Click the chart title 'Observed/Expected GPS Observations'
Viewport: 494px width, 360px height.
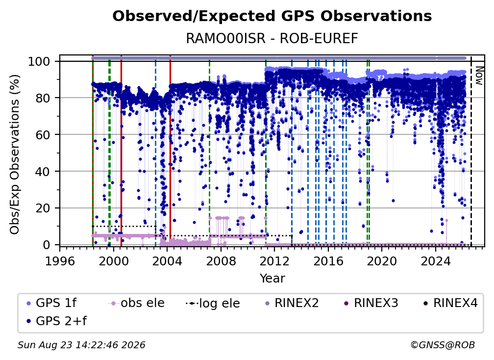[x=272, y=16]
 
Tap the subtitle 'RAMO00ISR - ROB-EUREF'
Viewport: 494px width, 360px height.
[x=272, y=38]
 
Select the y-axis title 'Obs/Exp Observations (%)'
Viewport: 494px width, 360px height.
[x=15, y=154]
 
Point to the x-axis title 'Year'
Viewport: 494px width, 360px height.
[x=272, y=279]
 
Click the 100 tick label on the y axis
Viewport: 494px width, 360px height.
[x=39, y=61]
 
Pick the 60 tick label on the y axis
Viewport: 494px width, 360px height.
[x=43, y=134]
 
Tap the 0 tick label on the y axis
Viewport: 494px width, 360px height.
[x=47, y=245]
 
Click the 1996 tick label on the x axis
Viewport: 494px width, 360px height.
[x=60, y=261]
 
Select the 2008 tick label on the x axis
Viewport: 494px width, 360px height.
[x=221, y=261]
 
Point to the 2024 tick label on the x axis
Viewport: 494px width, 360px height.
[x=435, y=261]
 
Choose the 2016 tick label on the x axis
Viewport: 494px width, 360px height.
[x=328, y=261]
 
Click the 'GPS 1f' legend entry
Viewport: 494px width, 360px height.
[x=51, y=303]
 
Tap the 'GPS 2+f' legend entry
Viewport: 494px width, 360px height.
[x=56, y=321]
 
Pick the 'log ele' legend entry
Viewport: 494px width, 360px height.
[x=213, y=303]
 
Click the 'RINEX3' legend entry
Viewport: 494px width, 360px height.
[x=371, y=303]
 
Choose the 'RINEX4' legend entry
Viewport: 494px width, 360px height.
[x=450, y=303]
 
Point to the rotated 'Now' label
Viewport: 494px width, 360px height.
[x=479, y=76]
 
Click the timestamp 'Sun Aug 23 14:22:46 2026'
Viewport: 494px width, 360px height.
[x=81, y=345]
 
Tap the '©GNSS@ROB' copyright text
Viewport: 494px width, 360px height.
[x=443, y=345]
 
